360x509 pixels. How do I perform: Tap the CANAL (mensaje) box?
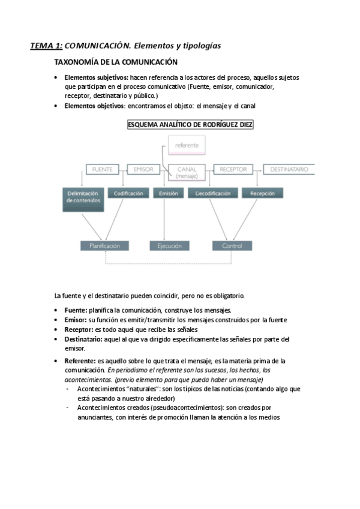[x=187, y=172]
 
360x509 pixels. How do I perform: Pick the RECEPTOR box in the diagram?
[x=233, y=170]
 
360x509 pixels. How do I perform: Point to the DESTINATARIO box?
[x=289, y=170]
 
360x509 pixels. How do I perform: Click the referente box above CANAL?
[x=187, y=146]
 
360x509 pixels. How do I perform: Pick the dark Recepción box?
[x=262, y=193]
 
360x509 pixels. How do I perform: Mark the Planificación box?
[x=104, y=245]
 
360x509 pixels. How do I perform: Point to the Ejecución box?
[x=170, y=245]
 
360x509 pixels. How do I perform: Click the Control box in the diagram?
[x=232, y=245]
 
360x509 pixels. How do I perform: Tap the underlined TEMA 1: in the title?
[x=46, y=46]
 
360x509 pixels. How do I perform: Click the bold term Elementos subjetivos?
[x=96, y=78]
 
